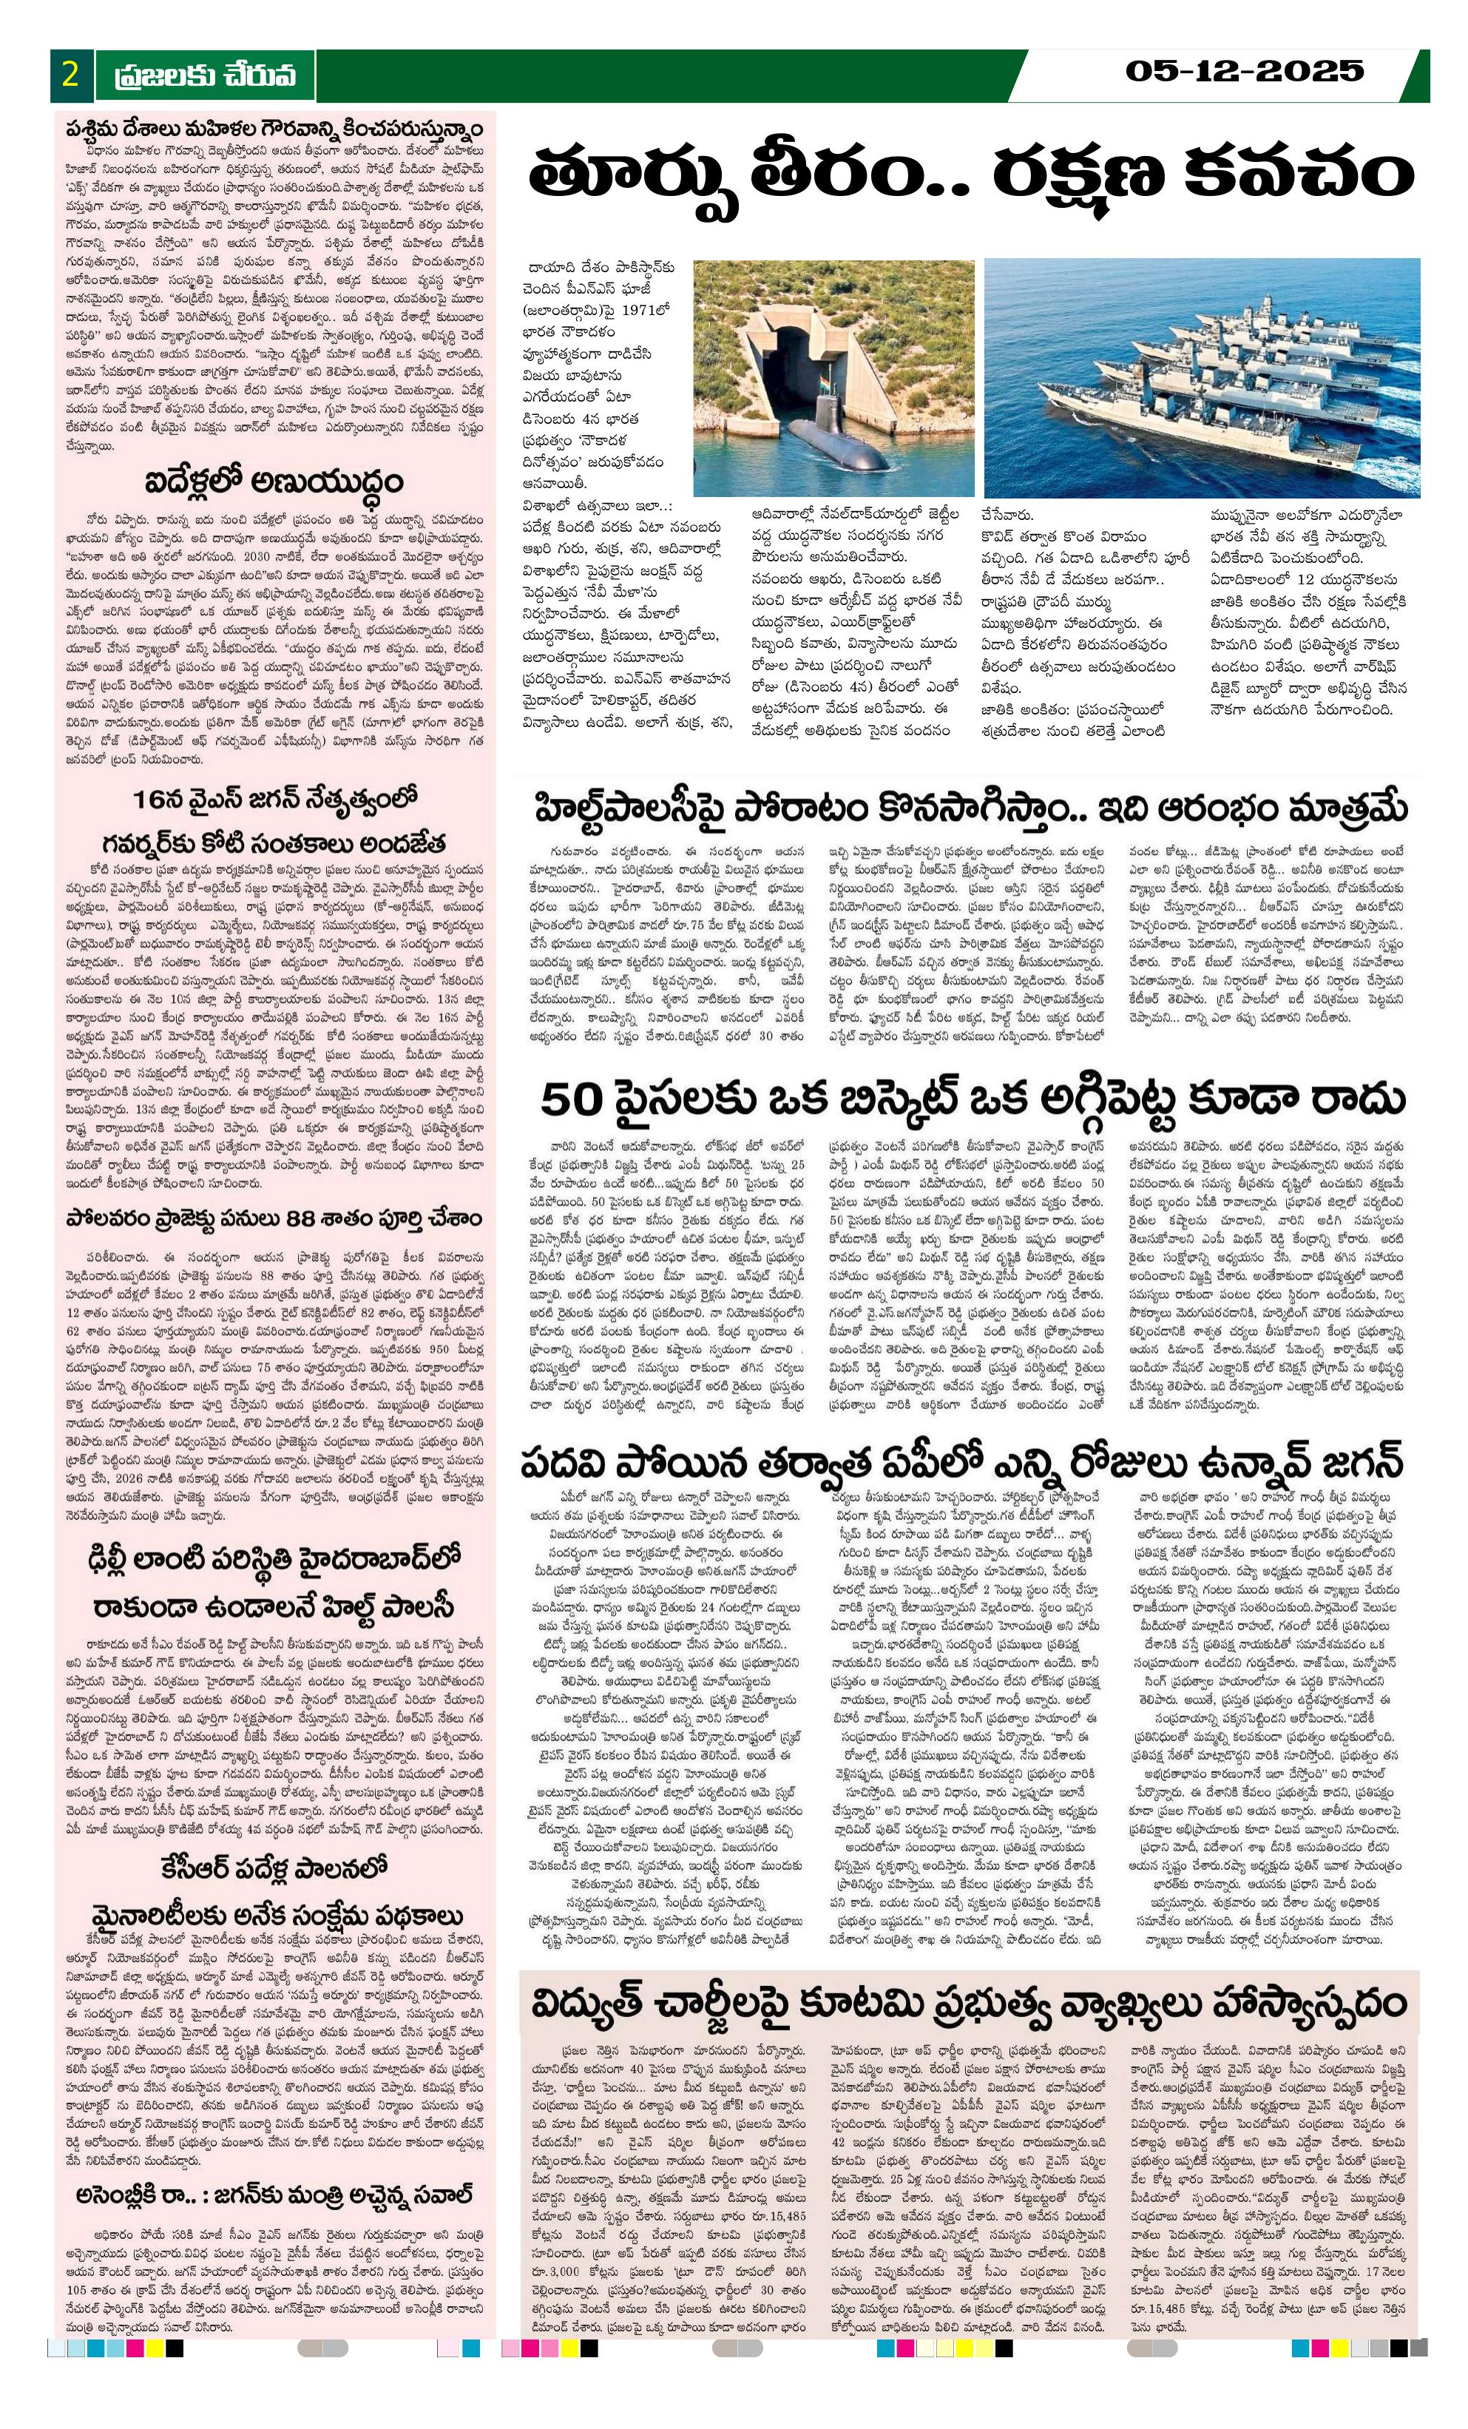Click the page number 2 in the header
click(x=70, y=75)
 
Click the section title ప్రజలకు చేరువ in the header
click(x=204, y=76)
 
